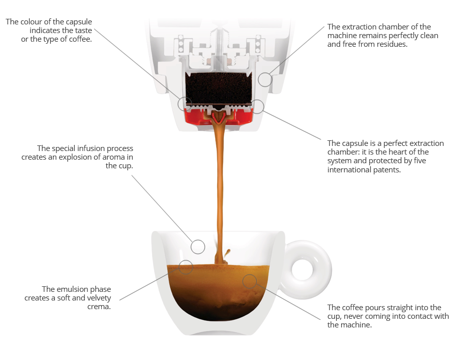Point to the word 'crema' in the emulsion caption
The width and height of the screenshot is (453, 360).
pyautogui.click(x=99, y=307)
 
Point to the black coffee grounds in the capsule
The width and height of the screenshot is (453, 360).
pyautogui.click(x=219, y=88)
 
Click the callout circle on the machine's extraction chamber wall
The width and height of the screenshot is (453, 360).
pyautogui.click(x=265, y=79)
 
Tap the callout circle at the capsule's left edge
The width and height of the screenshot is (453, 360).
pyautogui.click(x=185, y=104)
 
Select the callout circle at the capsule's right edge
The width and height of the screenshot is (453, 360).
pyautogui.click(x=257, y=107)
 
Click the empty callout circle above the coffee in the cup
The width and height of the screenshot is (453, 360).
pyautogui.click(x=198, y=247)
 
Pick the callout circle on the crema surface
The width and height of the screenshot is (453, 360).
pyautogui.click(x=186, y=267)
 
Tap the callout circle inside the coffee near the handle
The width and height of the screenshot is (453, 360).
pyautogui.click(x=250, y=281)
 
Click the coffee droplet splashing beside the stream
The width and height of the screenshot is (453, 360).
pyautogui.click(x=227, y=253)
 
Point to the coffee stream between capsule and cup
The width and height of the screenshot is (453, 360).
pyautogui.click(x=220, y=188)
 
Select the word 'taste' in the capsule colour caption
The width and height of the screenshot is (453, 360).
pyautogui.click(x=83, y=31)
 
